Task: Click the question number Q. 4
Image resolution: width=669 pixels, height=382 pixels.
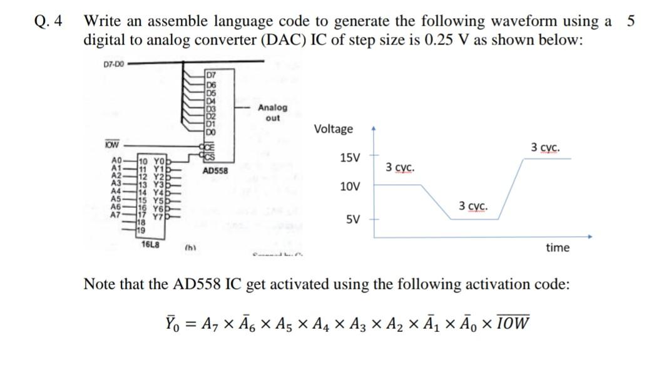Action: (x=49, y=21)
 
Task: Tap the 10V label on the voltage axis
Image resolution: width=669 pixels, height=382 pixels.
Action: (x=349, y=187)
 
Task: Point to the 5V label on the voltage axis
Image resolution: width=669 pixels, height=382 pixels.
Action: (x=352, y=220)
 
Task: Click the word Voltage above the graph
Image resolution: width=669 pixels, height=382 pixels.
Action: (x=333, y=129)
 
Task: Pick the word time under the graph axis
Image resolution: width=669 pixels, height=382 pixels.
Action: (x=558, y=248)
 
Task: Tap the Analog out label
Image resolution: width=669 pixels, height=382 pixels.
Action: (x=273, y=113)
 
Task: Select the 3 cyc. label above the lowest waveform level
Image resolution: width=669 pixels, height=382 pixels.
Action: (x=474, y=206)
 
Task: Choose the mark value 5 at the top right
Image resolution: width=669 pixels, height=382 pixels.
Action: (x=630, y=20)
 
